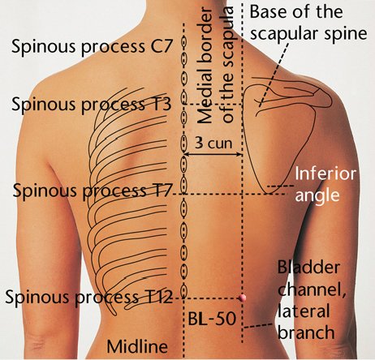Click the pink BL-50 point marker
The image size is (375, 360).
coord(242,298)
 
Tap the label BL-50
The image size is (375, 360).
coord(212,319)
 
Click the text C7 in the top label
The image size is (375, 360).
coord(161,46)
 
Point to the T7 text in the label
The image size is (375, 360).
coord(161,190)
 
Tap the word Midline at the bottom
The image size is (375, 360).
coord(137,346)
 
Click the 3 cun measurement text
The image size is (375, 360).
coord(213,143)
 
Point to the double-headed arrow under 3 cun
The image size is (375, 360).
coord(213,155)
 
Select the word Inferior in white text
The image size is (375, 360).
coord(325,174)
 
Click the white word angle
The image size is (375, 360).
coord(317,195)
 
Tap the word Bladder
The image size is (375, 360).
coord(308,268)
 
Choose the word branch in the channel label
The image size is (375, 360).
coord(306,332)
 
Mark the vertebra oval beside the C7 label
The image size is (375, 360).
coord(183,42)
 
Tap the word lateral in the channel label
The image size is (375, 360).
coord(304,311)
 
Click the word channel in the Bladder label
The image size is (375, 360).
coord(312,289)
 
